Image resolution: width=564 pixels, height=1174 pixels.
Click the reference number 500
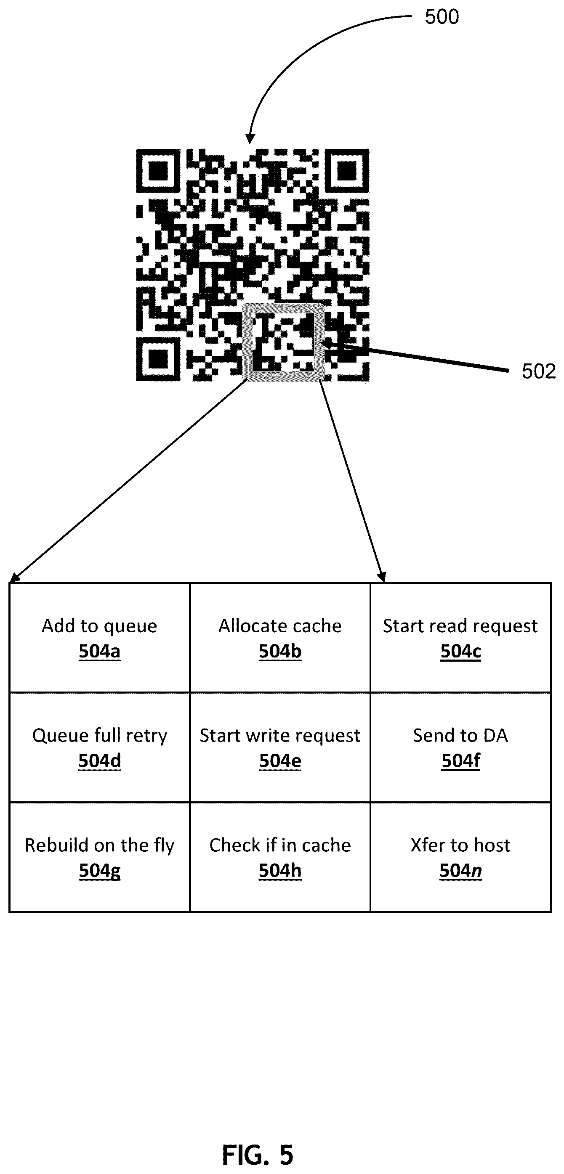click(x=442, y=17)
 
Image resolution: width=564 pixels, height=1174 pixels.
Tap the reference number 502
click(x=538, y=371)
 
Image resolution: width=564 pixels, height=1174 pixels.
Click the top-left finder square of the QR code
click(x=158, y=171)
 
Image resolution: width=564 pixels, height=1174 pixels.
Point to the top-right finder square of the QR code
click(x=346, y=171)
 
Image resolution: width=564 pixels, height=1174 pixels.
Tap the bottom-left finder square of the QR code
click(x=158, y=359)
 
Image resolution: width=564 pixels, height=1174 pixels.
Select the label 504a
click(x=99, y=652)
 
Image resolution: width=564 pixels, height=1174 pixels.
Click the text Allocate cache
click(x=280, y=626)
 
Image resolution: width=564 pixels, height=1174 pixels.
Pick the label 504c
click(x=460, y=652)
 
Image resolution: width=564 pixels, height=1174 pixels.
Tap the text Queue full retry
click(x=99, y=736)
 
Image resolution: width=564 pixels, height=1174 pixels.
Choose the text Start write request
click(x=280, y=736)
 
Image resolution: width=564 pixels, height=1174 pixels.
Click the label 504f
click(x=460, y=761)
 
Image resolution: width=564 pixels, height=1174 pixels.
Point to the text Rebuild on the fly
click(x=99, y=846)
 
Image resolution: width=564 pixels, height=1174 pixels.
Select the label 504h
click(x=280, y=871)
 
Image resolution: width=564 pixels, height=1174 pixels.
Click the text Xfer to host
click(x=460, y=845)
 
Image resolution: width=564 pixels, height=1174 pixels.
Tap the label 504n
click(x=460, y=871)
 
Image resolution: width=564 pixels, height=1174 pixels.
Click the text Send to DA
click(x=460, y=736)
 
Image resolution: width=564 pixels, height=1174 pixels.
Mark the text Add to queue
click(x=99, y=627)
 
